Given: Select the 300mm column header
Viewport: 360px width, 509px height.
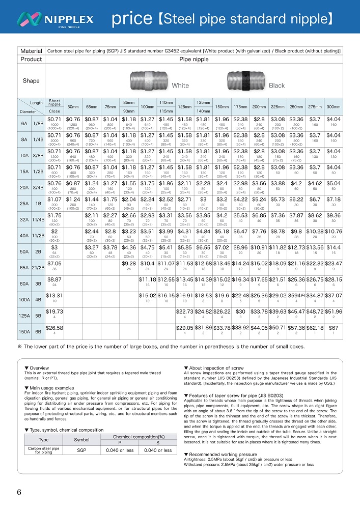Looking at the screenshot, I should tap(334, 106).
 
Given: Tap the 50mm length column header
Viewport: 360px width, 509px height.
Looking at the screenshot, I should tap(73, 106).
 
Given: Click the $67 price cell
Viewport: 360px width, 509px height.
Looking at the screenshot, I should tap(334, 328).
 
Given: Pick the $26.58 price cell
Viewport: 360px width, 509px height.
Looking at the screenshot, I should tap(54, 328).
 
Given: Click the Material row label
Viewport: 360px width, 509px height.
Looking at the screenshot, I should tap(31, 51).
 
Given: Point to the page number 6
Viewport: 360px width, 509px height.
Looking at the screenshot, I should tap(19, 492).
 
